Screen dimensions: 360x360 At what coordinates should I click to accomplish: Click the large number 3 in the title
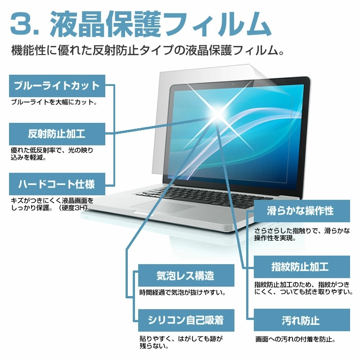(21, 24)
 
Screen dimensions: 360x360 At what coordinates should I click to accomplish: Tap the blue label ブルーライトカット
(57, 86)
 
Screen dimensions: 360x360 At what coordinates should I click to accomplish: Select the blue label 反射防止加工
(57, 134)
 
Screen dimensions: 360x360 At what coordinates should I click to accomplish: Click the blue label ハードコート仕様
(57, 184)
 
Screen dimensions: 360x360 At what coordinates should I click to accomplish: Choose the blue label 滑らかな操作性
(301, 211)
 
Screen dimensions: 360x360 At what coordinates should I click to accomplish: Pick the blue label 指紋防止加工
(301, 267)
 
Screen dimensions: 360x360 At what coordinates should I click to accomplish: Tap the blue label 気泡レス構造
(186, 275)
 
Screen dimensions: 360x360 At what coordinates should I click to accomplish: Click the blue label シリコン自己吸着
(186, 320)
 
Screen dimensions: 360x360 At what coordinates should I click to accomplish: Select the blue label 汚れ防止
(301, 320)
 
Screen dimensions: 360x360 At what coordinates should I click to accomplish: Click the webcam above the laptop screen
(233, 85)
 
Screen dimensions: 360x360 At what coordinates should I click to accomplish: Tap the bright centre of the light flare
(217, 114)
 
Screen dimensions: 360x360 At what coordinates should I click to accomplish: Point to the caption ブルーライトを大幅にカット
(54, 102)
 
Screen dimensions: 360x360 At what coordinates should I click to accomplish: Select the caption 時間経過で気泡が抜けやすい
(183, 292)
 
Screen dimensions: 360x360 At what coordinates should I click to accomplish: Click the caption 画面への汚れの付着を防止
(296, 339)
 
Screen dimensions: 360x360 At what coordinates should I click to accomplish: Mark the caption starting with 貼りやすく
(181, 342)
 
